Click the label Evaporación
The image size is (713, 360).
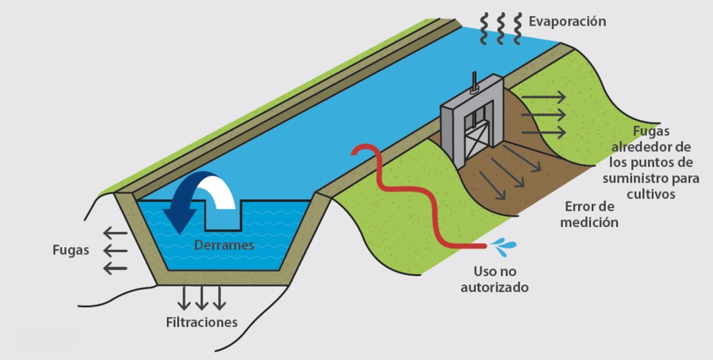tap(567, 21)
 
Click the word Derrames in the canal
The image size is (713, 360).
tap(224, 245)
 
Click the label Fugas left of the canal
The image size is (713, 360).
tap(71, 250)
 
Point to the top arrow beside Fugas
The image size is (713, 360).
tap(114, 233)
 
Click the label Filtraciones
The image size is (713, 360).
tap(201, 322)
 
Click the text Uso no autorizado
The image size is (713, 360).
tap(495, 278)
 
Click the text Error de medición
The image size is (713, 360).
tap(590, 215)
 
